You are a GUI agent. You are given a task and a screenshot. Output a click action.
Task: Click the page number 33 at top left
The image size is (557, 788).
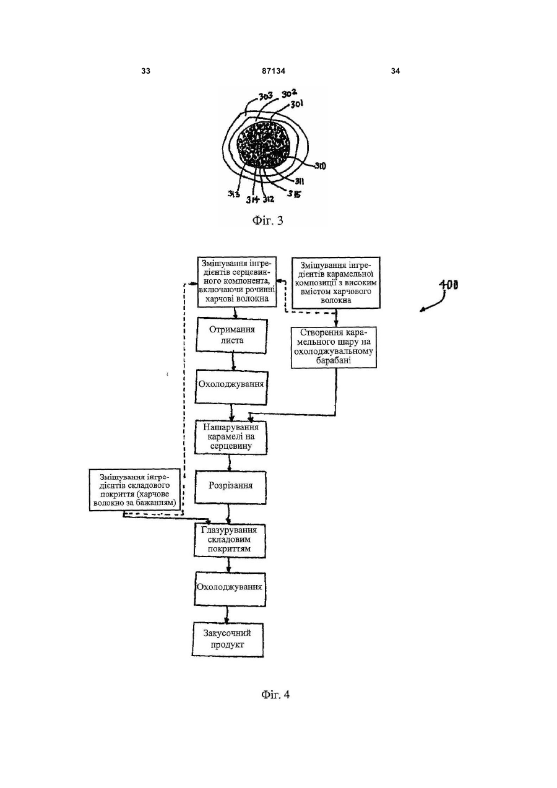pos(145,71)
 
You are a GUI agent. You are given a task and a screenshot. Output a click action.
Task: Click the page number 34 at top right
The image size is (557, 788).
pos(395,71)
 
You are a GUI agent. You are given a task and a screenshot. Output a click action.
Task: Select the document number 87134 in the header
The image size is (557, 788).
pos(274,71)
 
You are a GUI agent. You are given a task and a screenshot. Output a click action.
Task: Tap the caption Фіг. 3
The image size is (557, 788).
pos(267,220)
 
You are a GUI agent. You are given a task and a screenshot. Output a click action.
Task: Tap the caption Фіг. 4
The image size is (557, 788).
pos(275,695)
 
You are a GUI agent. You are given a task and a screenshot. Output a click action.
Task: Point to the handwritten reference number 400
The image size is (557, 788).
pos(448,285)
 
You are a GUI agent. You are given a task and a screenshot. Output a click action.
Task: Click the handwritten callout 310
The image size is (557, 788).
pos(319,166)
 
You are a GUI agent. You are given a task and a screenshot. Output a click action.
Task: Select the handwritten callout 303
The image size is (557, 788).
pos(266,96)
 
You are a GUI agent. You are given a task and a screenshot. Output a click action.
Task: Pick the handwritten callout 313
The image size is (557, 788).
pos(233,194)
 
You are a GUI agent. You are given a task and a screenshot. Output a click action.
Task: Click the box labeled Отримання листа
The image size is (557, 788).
pos(231,336)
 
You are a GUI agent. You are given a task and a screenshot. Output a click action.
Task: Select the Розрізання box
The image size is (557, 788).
pos(230,487)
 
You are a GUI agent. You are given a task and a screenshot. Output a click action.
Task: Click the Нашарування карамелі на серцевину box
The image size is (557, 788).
pos(231,437)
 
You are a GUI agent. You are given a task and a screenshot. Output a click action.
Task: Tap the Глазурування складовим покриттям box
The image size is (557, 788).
pos(230,540)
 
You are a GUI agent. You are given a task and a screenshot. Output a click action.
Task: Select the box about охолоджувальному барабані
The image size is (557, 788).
pos(334,347)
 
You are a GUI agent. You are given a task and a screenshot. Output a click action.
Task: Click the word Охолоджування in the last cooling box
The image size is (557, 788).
pos(229,587)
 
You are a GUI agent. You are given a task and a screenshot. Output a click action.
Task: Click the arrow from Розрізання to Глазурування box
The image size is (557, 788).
pos(229,514)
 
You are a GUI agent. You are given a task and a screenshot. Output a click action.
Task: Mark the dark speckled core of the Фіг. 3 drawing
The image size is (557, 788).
pos(264,145)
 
